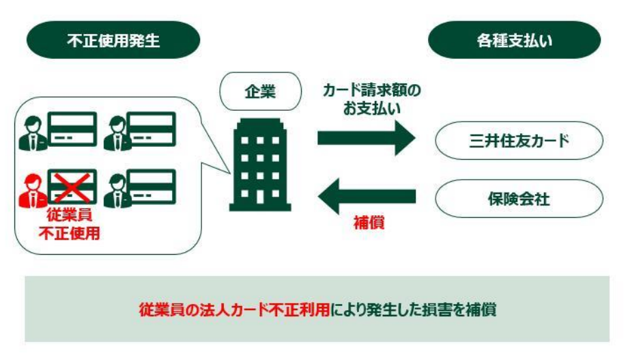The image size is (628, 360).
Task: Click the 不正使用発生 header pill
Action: pos(113,40)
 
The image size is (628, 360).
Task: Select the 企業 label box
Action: pos(260,91)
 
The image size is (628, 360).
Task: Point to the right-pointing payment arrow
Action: pos(366,139)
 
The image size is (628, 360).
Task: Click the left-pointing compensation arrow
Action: pos(366,197)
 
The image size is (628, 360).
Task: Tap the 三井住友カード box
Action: pos(519,141)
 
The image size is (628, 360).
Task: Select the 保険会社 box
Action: pos(519,199)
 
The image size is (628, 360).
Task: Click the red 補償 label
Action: pos(368,223)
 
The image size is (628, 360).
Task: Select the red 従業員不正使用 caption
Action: pos(73,224)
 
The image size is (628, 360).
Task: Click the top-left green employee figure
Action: pos(32,131)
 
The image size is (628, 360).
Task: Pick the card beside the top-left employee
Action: pos(72,129)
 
